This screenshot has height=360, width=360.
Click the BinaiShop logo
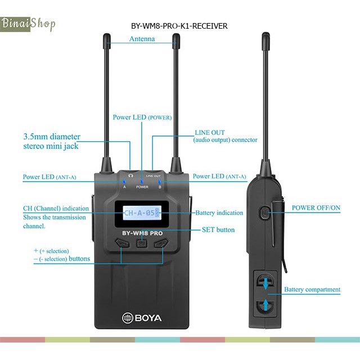click(x=28, y=24)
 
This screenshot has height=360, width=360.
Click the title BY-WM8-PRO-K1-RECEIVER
click(x=179, y=26)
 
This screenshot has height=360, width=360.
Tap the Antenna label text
click(x=142, y=39)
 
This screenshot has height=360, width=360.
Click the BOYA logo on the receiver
click(x=142, y=318)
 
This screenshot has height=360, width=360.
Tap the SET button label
click(x=218, y=229)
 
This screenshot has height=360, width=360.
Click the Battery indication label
click(x=219, y=213)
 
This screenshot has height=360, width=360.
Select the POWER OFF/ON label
click(x=316, y=208)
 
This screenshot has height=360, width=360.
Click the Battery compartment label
click(x=312, y=290)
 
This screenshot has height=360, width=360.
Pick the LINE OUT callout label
click(x=225, y=136)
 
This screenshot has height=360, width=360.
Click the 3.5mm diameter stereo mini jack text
click(x=52, y=141)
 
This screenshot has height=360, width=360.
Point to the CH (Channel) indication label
click(x=56, y=208)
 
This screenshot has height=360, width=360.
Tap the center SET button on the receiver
click(x=142, y=244)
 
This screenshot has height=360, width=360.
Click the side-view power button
click(x=265, y=213)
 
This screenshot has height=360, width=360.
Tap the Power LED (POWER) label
click(x=142, y=118)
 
